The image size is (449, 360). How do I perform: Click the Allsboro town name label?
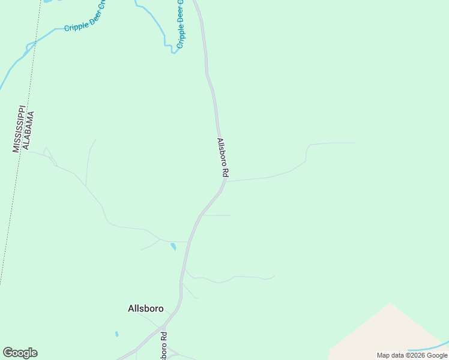pos(145,308)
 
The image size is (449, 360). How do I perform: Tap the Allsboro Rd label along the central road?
pos(222,158)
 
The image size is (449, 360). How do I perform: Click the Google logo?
pos(20,353)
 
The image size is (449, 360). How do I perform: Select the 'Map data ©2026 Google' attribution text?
pos(412,355)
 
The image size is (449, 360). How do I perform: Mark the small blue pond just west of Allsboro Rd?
pos(173,246)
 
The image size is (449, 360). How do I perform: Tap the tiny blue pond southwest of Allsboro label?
pos(116,334)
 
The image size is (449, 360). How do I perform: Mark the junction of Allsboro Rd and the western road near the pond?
pos(188,242)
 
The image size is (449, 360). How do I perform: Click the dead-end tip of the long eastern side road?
pos(356,143)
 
